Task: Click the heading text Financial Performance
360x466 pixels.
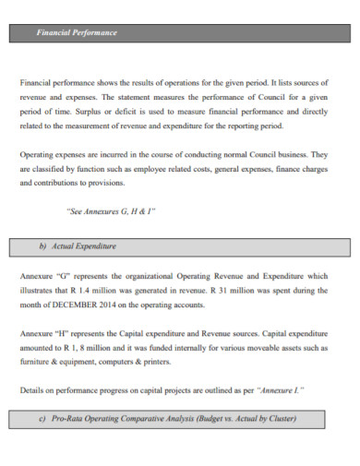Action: (77, 32)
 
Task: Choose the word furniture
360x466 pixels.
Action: (36, 363)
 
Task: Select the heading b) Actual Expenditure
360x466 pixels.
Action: (78, 246)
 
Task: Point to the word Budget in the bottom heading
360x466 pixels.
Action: (212, 419)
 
